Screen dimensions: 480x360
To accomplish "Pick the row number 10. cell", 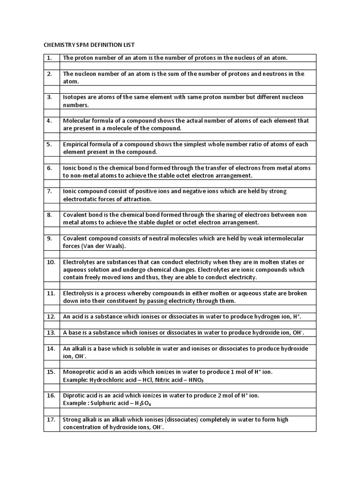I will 51,262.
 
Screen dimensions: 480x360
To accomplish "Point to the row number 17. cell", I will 51,420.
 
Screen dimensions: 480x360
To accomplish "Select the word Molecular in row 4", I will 77,120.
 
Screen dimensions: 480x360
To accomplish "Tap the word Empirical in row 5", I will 76,144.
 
